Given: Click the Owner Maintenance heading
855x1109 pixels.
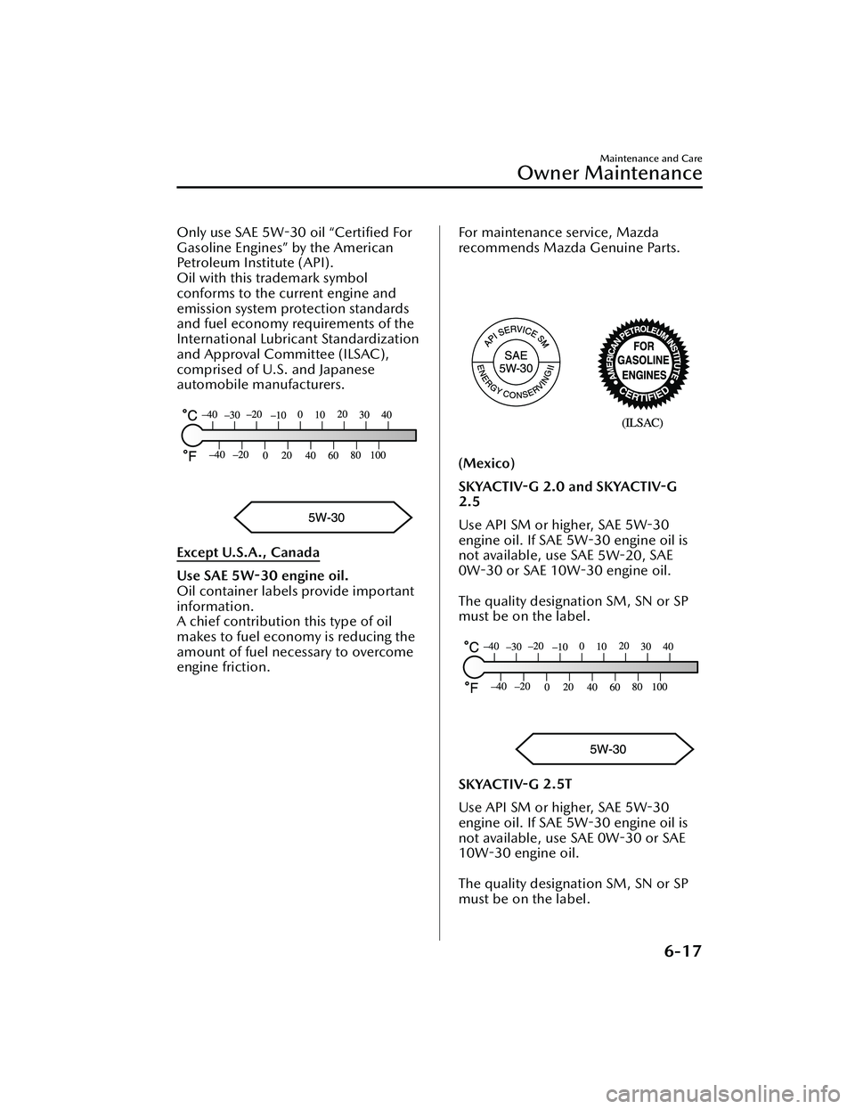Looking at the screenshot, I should pos(613,172).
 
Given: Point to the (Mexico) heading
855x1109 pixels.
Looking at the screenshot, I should pos(486,464).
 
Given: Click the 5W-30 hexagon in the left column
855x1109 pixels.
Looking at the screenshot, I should pos(325,517).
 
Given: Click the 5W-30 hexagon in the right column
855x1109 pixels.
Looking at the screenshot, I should pos(607,749).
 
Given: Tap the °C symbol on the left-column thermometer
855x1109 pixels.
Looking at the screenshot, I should pos(190,415).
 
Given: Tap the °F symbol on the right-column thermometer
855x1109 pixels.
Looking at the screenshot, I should pos(471,688).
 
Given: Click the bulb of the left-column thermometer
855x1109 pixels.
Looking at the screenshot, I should pos(192,435).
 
